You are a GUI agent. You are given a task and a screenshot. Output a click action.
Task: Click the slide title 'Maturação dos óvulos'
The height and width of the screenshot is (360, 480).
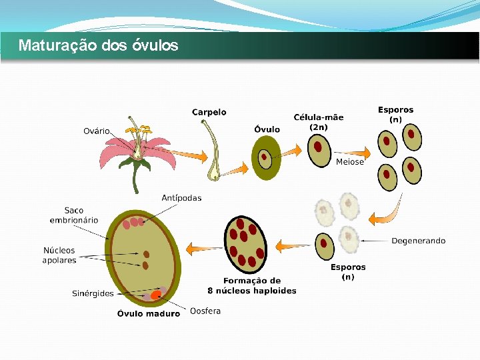99,46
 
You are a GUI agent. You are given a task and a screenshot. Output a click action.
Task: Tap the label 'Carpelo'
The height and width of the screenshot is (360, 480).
209,113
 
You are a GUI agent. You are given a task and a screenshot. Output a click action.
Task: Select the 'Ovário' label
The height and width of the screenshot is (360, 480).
97,131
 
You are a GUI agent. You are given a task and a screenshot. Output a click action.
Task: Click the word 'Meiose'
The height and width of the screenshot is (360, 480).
350,162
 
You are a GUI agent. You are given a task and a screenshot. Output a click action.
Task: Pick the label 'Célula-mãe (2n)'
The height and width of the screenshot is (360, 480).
319,122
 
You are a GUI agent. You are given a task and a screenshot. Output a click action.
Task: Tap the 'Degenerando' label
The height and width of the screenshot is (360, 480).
418,241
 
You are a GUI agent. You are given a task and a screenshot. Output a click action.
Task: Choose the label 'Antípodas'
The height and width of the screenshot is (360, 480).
181,198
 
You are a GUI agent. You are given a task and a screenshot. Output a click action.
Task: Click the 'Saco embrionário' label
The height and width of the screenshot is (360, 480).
74,215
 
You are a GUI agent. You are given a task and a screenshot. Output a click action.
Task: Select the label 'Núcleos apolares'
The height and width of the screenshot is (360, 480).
59,255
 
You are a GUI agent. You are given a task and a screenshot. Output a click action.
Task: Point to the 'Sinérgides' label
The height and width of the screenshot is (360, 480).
93,293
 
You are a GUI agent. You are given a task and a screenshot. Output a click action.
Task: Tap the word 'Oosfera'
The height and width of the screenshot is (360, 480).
205,311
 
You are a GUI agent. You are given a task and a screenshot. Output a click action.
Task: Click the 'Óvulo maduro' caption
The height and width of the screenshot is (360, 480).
149,313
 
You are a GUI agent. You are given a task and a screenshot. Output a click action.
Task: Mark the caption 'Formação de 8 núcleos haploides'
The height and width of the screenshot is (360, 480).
252,285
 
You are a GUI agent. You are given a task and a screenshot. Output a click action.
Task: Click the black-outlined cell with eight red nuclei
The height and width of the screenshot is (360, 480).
246,244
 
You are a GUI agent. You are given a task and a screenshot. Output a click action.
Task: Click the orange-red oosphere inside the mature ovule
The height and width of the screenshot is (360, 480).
156,294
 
